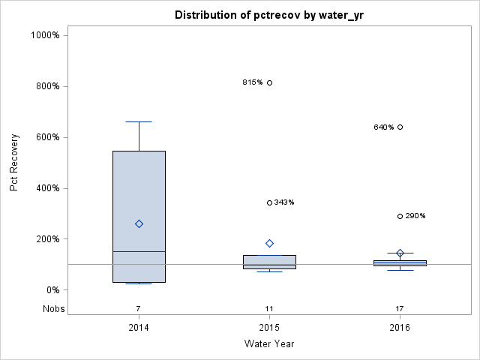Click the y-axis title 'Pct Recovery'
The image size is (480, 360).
point(14,162)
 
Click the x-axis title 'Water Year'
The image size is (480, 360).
point(269,343)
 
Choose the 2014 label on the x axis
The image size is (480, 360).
point(139,328)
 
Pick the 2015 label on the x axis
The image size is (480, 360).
point(269,328)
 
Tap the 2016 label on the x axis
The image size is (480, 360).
point(400,328)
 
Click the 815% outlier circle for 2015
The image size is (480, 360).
point(269,82)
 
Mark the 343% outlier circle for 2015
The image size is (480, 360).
point(269,202)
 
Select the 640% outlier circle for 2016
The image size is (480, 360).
point(400,127)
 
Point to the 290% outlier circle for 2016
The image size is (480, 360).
point(400,216)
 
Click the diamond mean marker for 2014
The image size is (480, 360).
point(139,223)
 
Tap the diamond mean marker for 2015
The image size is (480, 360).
point(269,243)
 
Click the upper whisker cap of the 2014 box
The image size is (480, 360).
point(139,121)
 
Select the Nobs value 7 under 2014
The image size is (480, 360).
point(139,308)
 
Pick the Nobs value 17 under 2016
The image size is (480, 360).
point(400,308)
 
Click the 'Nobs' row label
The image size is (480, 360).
point(53,308)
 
